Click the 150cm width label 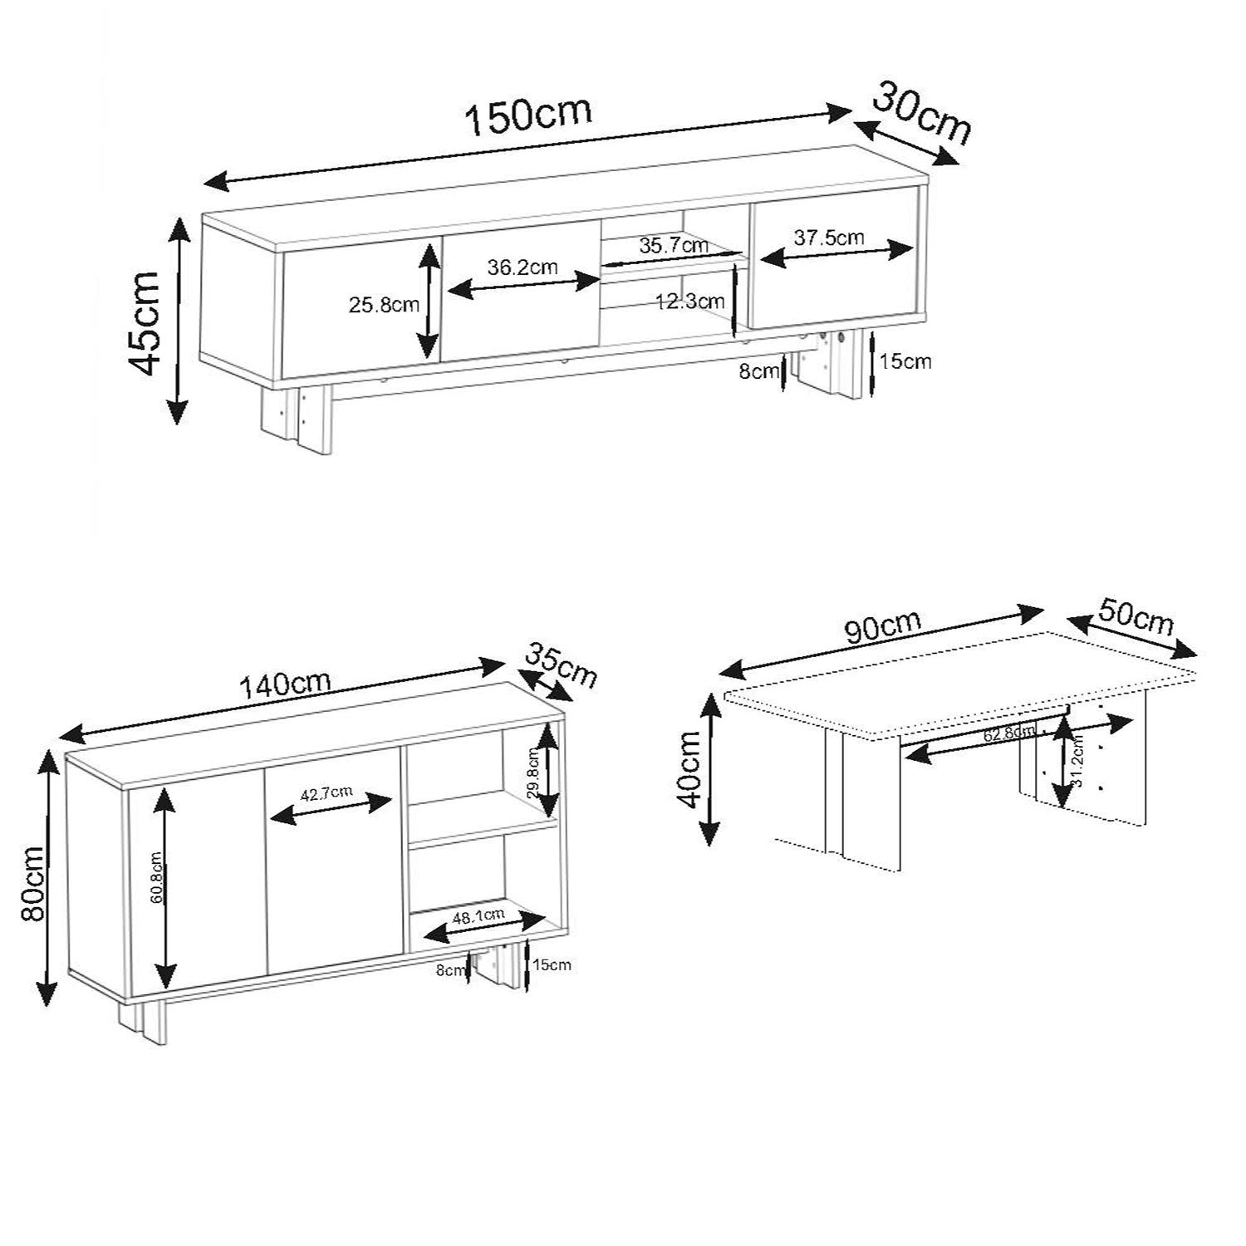tap(528, 115)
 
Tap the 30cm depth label tap(922, 114)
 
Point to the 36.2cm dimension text tap(522, 267)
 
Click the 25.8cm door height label tap(384, 305)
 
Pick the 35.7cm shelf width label tap(674, 245)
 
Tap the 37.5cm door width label tap(829, 238)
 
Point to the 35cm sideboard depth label tap(561, 664)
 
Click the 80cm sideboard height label tap(32, 882)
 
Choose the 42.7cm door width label tap(326, 793)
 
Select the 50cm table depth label tap(1136, 616)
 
